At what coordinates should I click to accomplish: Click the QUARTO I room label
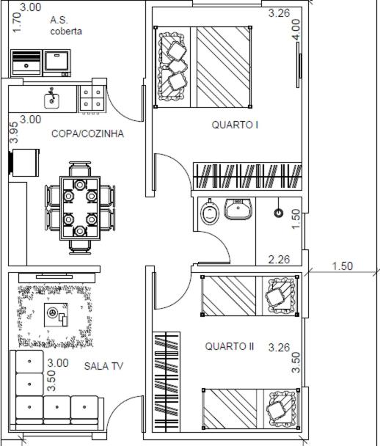pyautogui.click(x=235, y=125)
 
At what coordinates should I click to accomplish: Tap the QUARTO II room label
pyautogui.click(x=230, y=346)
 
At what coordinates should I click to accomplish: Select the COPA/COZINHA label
pyautogui.click(x=87, y=134)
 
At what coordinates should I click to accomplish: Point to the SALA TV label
pyautogui.click(x=103, y=366)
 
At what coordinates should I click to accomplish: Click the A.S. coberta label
pyautogui.click(x=66, y=26)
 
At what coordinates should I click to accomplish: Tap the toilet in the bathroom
pyautogui.click(x=210, y=212)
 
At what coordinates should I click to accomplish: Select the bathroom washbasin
pyautogui.click(x=238, y=209)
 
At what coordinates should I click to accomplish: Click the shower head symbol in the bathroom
pyautogui.click(x=279, y=213)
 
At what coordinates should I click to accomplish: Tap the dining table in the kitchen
pyautogui.click(x=80, y=208)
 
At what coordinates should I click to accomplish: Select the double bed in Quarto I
pyautogui.click(x=202, y=67)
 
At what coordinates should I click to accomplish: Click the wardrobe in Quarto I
pyautogui.click(x=247, y=176)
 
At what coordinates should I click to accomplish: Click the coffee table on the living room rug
pyautogui.click(x=56, y=315)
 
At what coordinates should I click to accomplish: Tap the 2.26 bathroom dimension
pyautogui.click(x=279, y=260)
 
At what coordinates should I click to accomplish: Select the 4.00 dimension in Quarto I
pyautogui.click(x=296, y=29)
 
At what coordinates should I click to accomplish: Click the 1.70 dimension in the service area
pyautogui.click(x=17, y=23)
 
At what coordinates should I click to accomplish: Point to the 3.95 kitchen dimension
pyautogui.click(x=14, y=133)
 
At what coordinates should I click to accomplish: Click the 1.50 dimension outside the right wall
pyautogui.click(x=343, y=266)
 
